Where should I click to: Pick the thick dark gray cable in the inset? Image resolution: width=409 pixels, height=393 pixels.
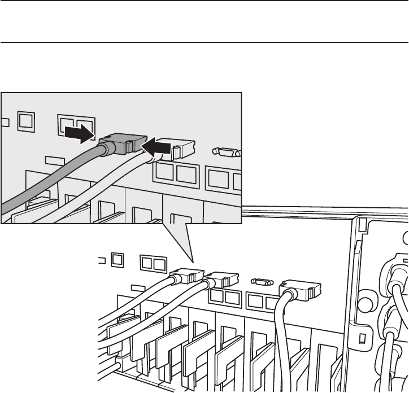click(x=51, y=181)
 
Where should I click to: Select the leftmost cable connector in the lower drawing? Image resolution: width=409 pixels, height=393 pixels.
click(x=188, y=275)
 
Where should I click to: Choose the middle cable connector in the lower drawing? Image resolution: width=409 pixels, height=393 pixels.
click(x=221, y=280)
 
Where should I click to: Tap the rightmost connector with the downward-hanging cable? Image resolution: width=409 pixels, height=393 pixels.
click(x=299, y=290)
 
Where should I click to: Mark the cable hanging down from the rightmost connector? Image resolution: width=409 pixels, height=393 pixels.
click(x=281, y=339)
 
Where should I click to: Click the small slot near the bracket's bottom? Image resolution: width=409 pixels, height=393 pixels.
click(x=363, y=340)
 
